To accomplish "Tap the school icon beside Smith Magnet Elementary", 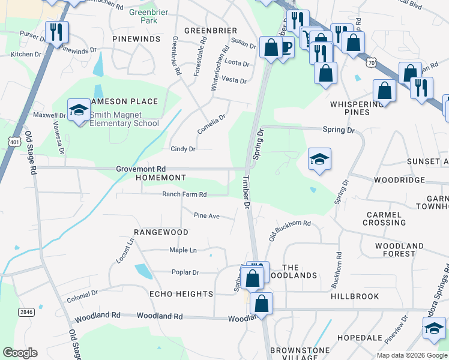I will coord(78,110).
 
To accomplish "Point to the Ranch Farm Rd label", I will coord(184,194).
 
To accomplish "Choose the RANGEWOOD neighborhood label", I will coord(161,232).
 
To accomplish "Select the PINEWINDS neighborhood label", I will coord(136,39).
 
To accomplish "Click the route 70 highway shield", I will coord(372,62).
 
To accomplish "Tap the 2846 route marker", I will coord(26,312).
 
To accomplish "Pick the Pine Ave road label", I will coord(206,215).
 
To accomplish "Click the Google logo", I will coord(20,353).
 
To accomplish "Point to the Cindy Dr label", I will coord(183,149).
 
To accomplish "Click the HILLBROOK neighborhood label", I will coord(355,296).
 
